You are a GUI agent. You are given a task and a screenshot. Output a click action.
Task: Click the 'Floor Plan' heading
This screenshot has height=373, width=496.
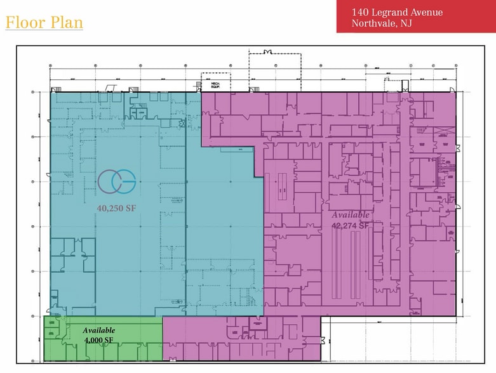[44, 23]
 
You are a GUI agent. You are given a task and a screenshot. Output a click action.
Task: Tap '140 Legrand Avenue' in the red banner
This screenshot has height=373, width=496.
[397, 13]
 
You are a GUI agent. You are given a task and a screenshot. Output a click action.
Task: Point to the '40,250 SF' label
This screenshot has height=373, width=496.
[117, 207]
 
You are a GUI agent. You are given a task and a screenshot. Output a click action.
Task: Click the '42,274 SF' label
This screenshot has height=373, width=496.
[351, 225]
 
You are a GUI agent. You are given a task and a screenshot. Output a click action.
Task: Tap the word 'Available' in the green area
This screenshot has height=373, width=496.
[99, 330]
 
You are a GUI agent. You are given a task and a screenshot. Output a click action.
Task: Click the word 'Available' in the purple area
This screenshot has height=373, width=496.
[351, 215]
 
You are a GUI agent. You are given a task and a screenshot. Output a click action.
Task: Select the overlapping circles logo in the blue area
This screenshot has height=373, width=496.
[117, 181]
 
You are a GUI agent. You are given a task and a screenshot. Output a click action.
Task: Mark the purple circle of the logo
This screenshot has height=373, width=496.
[109, 181]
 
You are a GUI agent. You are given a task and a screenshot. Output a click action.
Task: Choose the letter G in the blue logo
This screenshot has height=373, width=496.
[125, 181]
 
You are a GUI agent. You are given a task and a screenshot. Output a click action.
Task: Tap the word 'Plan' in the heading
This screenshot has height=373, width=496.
[67, 23]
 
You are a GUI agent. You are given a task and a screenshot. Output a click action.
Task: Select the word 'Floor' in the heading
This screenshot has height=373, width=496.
[25, 23]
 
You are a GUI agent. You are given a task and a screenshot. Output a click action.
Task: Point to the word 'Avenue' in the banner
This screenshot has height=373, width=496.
[426, 13]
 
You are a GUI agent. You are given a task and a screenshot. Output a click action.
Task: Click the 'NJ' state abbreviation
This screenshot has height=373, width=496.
[405, 24]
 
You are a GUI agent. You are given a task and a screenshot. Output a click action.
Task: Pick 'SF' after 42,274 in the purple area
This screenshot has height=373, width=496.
[364, 225]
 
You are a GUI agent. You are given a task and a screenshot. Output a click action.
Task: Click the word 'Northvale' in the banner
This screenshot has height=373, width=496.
[373, 24]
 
